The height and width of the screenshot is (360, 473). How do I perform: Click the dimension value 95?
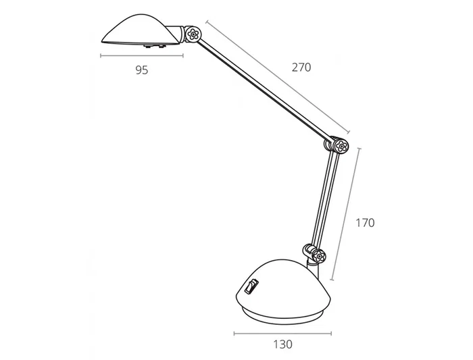(141, 70)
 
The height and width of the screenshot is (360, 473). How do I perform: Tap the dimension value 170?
(364, 223)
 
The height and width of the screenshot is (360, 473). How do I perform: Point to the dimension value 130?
(283, 344)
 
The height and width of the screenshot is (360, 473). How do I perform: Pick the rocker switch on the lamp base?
(251, 287)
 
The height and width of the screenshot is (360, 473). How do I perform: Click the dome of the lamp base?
(284, 280)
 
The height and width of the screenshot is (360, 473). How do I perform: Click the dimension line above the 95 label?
(141, 55)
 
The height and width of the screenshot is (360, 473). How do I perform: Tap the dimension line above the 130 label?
(283, 333)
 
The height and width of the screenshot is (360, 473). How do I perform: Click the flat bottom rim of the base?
(283, 314)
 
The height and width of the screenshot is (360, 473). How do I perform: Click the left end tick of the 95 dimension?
(101, 55)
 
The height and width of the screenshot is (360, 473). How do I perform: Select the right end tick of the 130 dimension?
(332, 333)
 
